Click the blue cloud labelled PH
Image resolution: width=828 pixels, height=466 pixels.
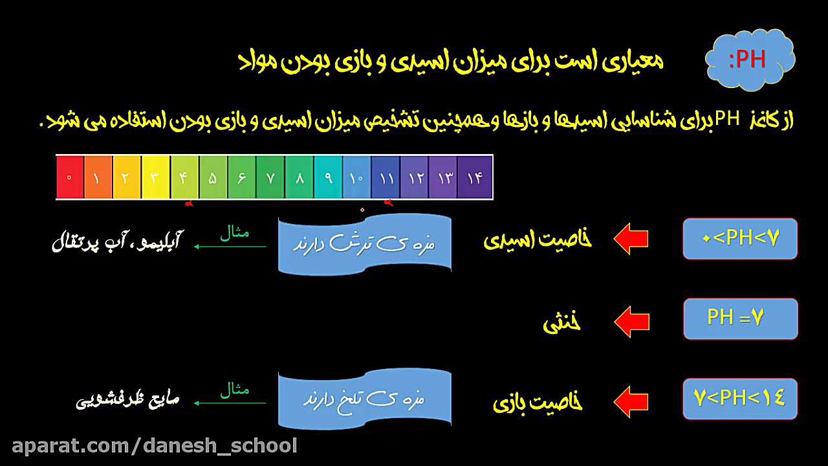tap(749, 60)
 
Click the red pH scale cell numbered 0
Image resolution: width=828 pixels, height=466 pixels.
tap(70, 177)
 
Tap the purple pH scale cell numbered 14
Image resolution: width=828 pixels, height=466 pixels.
tap(475, 177)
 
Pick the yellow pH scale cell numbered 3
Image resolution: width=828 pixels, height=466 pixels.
tap(155, 177)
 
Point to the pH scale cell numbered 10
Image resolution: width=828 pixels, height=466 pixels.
tap(356, 177)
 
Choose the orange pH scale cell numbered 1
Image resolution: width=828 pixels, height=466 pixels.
tap(98, 177)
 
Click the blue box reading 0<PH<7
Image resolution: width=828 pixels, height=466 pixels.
tap(740, 239)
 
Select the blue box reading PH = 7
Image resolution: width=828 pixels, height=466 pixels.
tap(740, 318)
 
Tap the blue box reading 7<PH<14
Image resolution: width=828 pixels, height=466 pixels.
tap(740, 398)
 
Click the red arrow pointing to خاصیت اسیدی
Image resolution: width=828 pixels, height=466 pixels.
tap(631, 239)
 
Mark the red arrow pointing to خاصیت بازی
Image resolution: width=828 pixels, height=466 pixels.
tap(631, 401)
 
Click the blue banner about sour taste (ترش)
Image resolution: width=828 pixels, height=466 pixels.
tap(364, 244)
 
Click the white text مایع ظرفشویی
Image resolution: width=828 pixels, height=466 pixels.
tap(127, 401)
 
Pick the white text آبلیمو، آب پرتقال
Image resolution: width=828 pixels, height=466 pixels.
tap(116, 243)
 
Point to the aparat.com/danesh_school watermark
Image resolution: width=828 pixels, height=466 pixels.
tap(155, 446)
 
